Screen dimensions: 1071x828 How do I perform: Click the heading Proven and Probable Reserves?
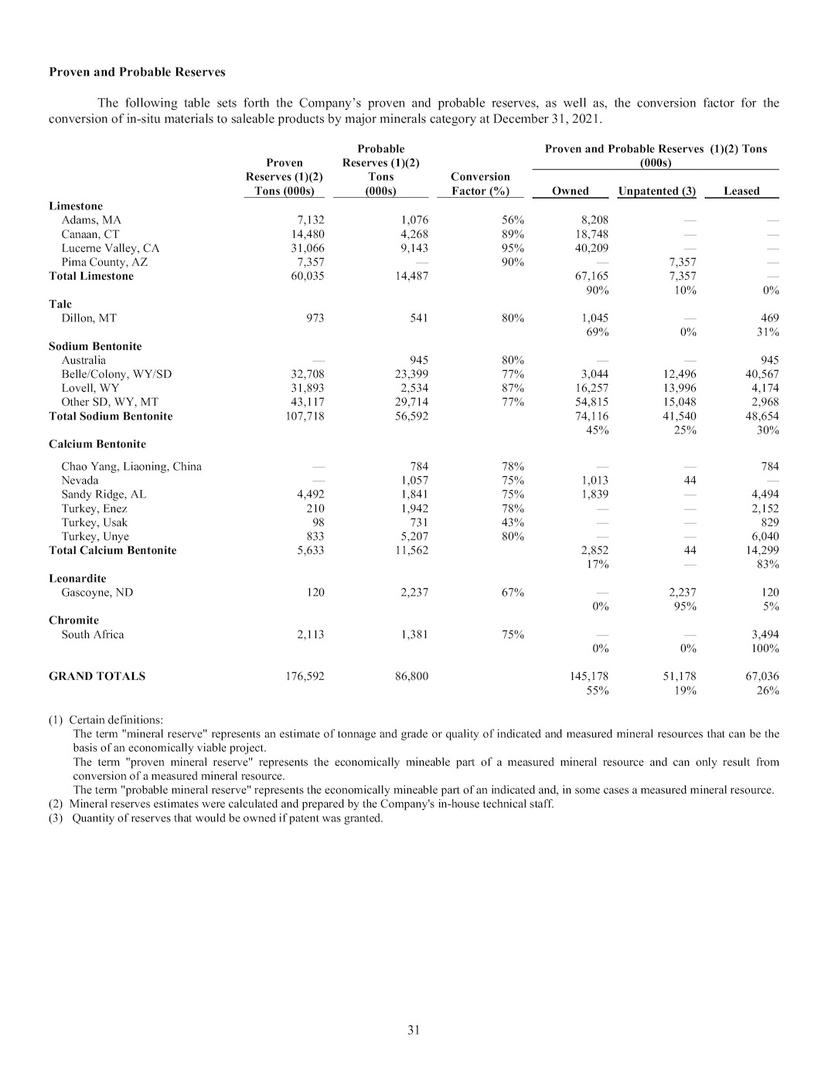137,72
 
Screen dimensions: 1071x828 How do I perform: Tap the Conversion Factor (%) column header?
480,184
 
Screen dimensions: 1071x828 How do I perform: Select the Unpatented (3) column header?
656,191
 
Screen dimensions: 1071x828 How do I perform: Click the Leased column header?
741,191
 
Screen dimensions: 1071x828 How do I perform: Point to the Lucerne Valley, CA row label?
111,248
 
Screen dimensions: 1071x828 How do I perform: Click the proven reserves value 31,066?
305,248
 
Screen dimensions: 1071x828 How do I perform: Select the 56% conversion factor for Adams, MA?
512,220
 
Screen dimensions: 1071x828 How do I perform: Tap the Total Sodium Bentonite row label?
111,416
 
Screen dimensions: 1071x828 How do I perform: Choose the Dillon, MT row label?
89,318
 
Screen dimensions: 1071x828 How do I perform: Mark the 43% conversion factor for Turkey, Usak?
512,522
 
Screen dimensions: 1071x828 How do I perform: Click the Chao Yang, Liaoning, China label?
131,467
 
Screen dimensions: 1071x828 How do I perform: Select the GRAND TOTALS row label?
97,676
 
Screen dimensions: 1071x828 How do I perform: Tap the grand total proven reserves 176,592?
305,676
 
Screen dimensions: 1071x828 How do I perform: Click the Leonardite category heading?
77,579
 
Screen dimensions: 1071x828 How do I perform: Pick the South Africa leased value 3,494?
765,634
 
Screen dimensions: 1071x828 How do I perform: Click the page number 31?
414,1029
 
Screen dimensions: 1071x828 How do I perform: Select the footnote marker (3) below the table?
56,818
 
